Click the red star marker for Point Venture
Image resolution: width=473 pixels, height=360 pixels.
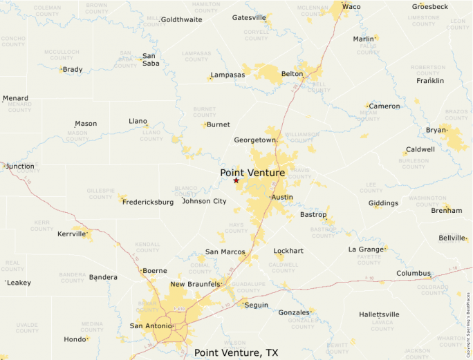click(x=236, y=180)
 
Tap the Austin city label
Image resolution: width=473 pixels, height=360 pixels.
click(x=282, y=197)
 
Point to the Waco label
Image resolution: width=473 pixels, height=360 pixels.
click(x=351, y=6)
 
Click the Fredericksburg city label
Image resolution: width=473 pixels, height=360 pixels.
click(x=147, y=202)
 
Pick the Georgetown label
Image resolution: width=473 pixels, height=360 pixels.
click(x=254, y=140)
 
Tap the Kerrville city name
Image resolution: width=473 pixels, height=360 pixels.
click(x=72, y=234)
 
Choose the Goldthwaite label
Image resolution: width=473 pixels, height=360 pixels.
click(x=181, y=19)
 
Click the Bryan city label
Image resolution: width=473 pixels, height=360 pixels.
click(x=436, y=130)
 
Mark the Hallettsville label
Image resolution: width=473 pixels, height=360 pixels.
click(x=379, y=314)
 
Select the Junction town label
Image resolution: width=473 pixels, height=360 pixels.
click(x=20, y=166)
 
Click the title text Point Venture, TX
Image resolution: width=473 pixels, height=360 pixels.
click(x=236, y=352)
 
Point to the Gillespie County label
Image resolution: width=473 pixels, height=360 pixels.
click(x=100, y=193)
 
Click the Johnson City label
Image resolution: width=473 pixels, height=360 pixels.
click(x=204, y=201)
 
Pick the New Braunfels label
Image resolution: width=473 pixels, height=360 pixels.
click(x=195, y=284)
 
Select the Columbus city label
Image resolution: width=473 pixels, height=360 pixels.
click(x=413, y=274)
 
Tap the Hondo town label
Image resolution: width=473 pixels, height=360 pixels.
click(x=74, y=339)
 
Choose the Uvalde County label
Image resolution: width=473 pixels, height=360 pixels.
click(x=27, y=327)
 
